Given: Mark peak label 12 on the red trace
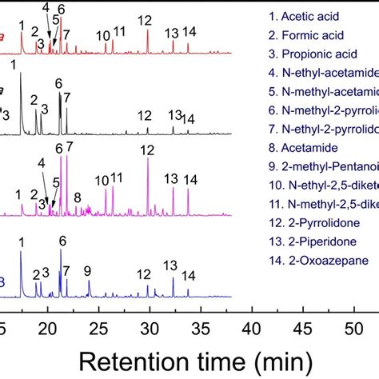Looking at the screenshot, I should tap(145, 20).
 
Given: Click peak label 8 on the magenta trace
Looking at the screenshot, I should tap(77, 197).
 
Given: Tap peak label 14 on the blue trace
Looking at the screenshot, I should tap(189, 276).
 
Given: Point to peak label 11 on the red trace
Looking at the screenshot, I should tap(118, 32).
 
